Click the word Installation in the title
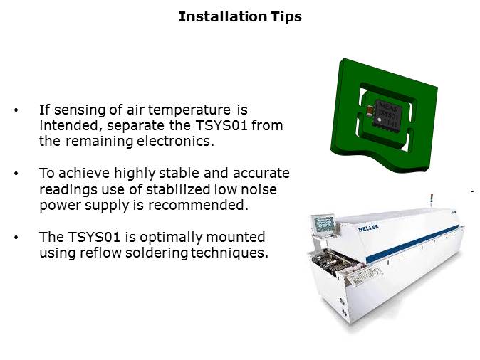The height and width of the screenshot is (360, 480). [x=222, y=16]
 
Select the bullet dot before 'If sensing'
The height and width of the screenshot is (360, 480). [x=16, y=110]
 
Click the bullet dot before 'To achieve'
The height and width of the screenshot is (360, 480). [x=16, y=174]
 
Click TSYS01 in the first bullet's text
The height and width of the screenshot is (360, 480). [x=221, y=125]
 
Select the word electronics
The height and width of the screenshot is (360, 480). [x=175, y=142]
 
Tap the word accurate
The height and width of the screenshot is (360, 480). [x=261, y=174]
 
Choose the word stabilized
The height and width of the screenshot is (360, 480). [x=177, y=189]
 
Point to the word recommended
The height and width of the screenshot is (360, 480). [x=198, y=205]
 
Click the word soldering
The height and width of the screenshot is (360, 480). [x=157, y=253]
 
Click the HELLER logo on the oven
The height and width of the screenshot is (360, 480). [x=368, y=228]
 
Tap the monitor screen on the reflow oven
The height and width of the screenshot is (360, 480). [x=323, y=223]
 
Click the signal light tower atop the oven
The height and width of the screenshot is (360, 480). [x=432, y=198]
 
